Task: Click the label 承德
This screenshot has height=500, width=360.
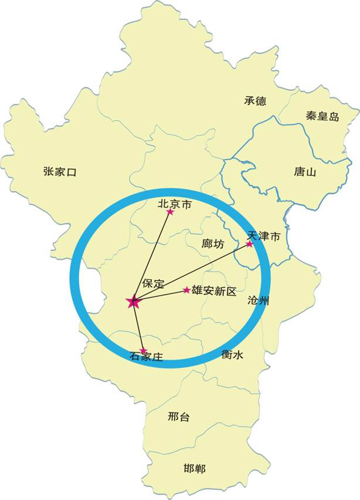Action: click(x=255, y=101)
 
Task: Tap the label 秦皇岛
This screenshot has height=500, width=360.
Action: click(x=322, y=116)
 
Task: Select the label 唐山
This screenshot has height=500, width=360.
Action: click(x=305, y=172)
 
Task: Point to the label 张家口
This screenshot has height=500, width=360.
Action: click(x=60, y=171)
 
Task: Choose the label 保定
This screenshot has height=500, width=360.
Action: click(x=153, y=283)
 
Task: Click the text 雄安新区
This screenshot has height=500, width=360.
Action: click(x=213, y=291)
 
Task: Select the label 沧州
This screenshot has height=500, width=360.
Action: click(x=259, y=301)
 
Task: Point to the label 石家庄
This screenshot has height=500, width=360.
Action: click(x=145, y=356)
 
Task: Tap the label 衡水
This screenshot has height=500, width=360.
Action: click(x=233, y=354)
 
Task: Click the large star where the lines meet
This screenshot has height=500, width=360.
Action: click(x=133, y=302)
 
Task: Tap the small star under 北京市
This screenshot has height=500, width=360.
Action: click(x=171, y=212)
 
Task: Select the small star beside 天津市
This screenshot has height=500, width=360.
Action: click(x=249, y=244)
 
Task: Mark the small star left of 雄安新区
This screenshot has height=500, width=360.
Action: click(x=186, y=290)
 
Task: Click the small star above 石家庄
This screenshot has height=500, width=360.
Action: click(x=142, y=350)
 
